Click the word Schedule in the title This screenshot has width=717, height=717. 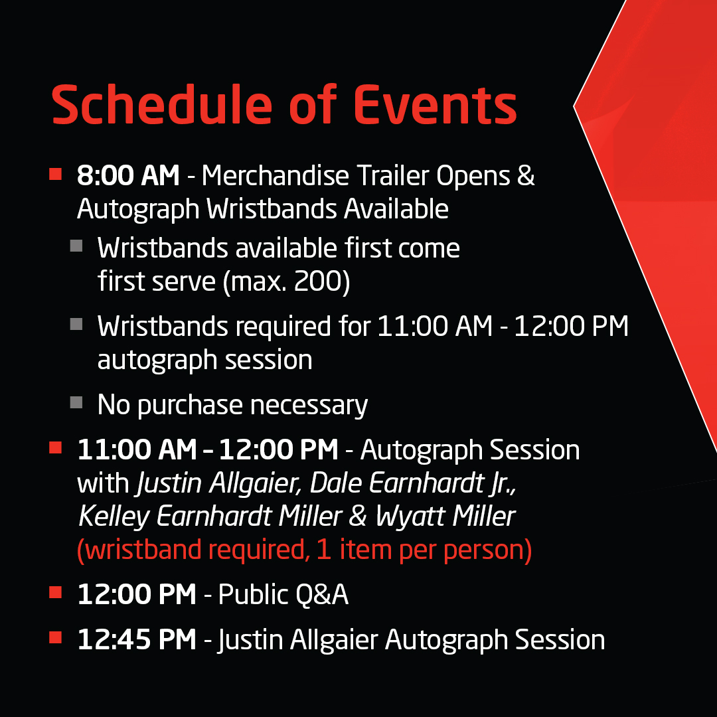tap(157, 106)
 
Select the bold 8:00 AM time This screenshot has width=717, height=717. tap(128, 176)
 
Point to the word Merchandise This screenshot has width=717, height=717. tap(275, 176)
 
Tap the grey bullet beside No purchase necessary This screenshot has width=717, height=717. tap(76, 402)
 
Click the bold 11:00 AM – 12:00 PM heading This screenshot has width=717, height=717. tap(208, 450)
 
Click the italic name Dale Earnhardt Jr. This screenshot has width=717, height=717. tap(412, 484)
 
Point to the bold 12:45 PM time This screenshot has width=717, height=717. tap(137, 640)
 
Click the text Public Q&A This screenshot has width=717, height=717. tap(283, 595)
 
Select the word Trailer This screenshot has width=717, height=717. tap(391, 176)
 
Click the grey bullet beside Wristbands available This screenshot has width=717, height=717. tap(76, 246)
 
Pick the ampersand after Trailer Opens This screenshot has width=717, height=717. tap(526, 176)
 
